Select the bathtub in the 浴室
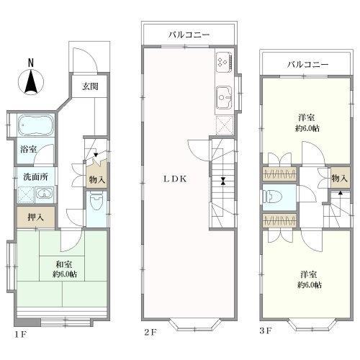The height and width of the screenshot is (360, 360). (32, 127)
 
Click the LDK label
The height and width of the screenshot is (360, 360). (175, 181)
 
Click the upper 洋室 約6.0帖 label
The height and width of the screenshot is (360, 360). (307, 122)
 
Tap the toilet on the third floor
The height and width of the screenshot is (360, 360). (272, 196)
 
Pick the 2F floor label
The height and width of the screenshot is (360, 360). (149, 332)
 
